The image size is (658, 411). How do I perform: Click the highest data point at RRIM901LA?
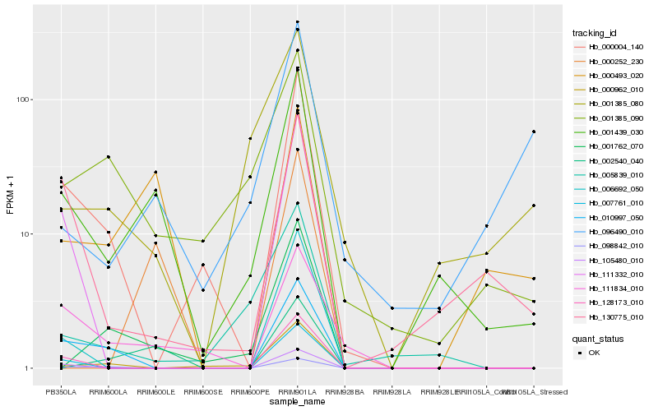click(297, 22)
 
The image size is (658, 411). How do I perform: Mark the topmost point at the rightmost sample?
click(533, 132)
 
